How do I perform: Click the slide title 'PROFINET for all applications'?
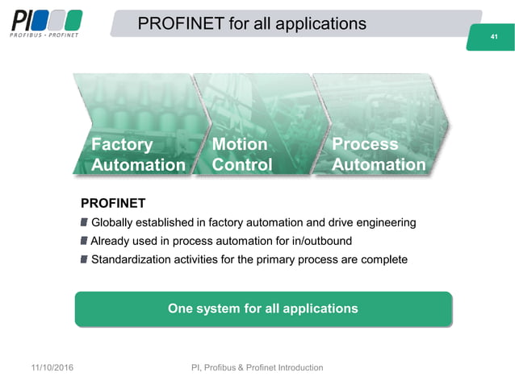252,23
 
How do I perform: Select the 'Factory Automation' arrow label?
138,155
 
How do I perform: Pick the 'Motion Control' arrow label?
241,155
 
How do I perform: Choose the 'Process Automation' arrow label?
379,155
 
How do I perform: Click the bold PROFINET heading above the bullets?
113,202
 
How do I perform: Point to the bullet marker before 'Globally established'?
85,222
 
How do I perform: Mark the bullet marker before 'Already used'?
85,241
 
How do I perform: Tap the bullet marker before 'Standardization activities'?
85,259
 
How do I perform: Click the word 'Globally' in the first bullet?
113,222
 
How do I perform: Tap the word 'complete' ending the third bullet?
383,259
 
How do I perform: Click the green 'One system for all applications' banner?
262,308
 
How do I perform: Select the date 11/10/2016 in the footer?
52,368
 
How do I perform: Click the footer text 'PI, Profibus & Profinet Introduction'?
257,368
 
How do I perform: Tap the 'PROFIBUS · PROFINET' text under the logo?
45,35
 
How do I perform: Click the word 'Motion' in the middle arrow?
239,144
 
